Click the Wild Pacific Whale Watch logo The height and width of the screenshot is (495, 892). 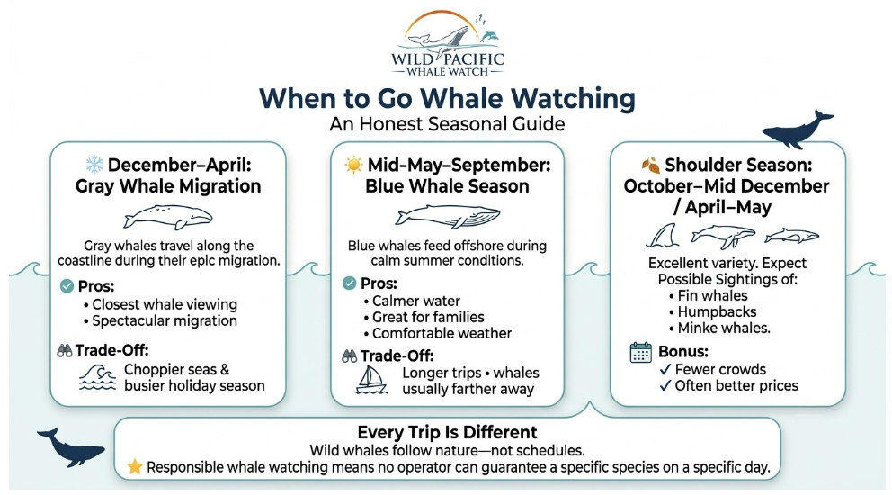[447, 44]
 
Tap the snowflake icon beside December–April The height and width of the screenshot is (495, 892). [94, 165]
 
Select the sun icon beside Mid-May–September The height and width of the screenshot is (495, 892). [353, 165]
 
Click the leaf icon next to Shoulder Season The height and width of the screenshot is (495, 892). [651, 166]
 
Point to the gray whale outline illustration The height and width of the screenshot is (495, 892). [168, 217]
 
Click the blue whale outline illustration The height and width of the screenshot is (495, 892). [448, 216]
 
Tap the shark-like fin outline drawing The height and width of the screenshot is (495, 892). [663, 235]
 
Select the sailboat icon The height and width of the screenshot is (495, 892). [370, 380]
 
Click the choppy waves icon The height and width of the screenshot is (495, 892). [98, 377]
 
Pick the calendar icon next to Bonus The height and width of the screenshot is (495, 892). [640, 353]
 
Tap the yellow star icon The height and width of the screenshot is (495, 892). [135, 466]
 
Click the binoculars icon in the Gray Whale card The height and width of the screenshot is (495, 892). [64, 350]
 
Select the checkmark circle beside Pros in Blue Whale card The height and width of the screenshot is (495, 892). [349, 283]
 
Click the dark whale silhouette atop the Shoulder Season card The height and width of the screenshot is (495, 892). [797, 130]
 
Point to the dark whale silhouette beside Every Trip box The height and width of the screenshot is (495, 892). [69, 446]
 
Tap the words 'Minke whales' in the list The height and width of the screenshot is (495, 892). [723, 328]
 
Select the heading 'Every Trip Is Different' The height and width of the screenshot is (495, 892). [447, 432]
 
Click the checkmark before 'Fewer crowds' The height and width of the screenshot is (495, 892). [665, 370]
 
